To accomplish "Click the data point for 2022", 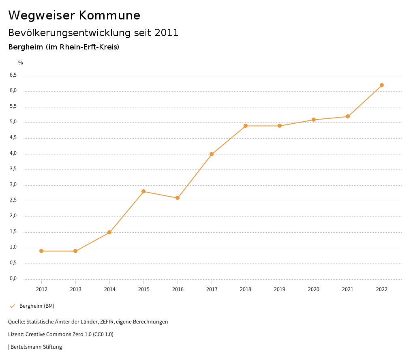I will click(x=382, y=85).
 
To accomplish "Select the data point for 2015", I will click(x=143, y=191).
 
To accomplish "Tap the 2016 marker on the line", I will click(x=178, y=198).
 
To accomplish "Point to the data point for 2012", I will click(x=41, y=251).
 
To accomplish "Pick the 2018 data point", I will click(x=246, y=126).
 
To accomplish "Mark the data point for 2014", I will click(x=109, y=232).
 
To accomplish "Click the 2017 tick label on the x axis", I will click(x=212, y=289).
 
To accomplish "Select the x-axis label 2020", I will click(x=314, y=289).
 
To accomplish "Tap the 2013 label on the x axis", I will click(x=75, y=289).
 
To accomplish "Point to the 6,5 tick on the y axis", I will click(x=13, y=75).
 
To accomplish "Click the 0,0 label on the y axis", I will click(x=13, y=279).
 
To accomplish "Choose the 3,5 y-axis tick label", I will click(x=13, y=169).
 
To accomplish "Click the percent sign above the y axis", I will click(x=21, y=63).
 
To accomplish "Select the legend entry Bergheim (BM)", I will click(x=36, y=306).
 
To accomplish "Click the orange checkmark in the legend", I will click(x=12, y=306).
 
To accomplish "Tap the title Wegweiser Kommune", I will click(x=74, y=15).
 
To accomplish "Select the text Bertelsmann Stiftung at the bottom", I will click(x=36, y=347).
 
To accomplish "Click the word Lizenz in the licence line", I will click(x=15, y=334).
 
